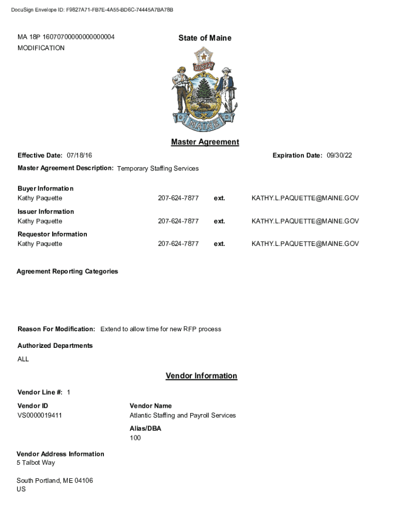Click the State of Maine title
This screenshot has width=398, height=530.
coord(205,38)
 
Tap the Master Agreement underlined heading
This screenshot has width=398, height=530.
coord(205,142)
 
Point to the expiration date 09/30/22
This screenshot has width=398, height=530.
coord(340,155)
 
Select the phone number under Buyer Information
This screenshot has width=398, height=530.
coord(178,198)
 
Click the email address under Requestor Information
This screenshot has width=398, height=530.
coord(305,244)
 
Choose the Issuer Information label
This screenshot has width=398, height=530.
coord(45,211)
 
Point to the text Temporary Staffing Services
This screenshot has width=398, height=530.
coord(158,168)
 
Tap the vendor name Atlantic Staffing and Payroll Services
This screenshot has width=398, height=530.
coord(182,415)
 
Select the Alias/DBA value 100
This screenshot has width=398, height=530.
coord(135,438)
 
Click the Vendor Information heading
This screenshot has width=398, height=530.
coord(201,376)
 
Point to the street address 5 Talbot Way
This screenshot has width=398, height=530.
coord(36,462)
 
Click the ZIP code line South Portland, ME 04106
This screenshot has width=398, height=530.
coord(55,480)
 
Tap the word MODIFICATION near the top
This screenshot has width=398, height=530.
coord(41,48)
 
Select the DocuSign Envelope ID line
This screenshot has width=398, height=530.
coord(92,10)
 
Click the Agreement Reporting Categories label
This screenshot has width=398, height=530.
coord(67,271)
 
